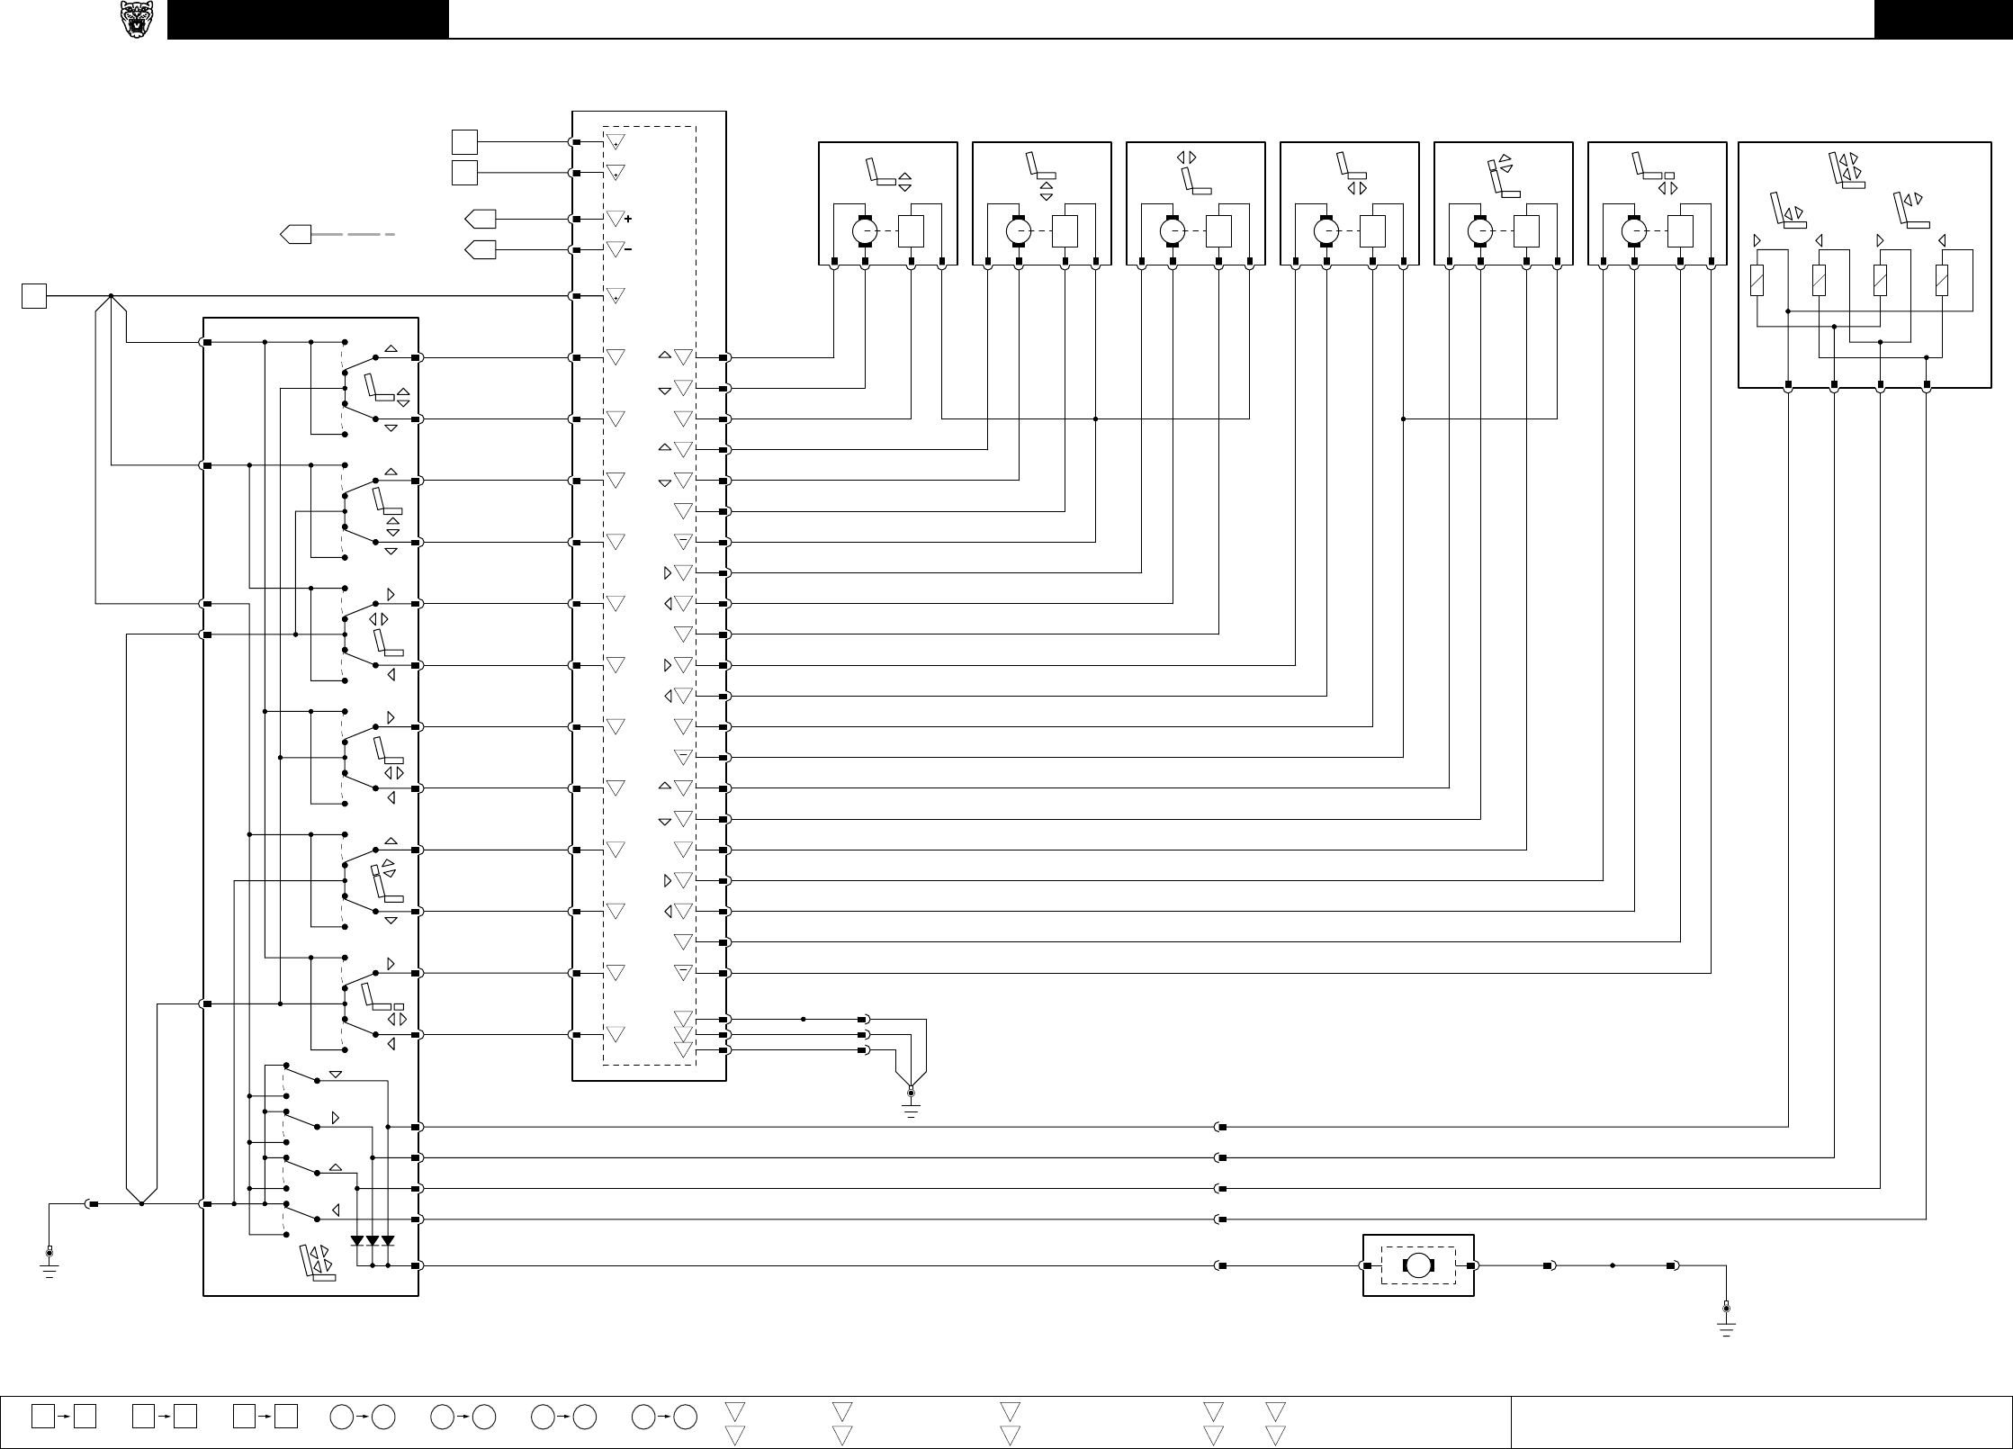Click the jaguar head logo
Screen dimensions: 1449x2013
coord(136,20)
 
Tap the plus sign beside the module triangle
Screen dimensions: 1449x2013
coord(627,219)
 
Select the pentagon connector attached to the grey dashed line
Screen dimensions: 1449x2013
coord(295,234)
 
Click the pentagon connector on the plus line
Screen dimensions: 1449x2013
coord(480,219)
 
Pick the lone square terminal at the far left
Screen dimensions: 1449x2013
coord(34,295)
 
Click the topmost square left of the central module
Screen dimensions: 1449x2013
coord(464,142)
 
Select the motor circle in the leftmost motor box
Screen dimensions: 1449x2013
coord(865,232)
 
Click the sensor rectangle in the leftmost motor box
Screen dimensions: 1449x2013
coord(911,232)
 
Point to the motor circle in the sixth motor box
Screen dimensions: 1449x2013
coord(1634,232)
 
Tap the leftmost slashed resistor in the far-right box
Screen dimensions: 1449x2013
coord(1757,282)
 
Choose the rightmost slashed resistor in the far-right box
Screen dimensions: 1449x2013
coord(1942,282)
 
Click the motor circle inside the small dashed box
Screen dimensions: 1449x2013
coord(1418,1265)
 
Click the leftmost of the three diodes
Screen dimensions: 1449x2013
coord(357,1241)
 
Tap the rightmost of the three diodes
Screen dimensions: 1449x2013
coord(388,1241)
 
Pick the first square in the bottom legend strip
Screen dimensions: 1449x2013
coord(42,1416)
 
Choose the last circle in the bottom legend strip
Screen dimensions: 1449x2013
coord(686,1416)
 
